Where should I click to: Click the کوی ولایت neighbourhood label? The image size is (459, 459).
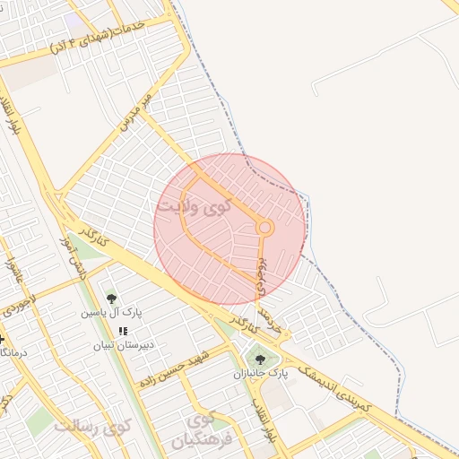click(195, 207)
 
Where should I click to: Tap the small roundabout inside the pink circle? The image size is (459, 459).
click(264, 228)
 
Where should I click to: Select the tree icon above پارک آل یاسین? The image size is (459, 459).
click(111, 299)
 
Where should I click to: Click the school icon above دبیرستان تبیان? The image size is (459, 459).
click(123, 332)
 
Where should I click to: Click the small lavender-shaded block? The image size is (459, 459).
click(73, 22)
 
